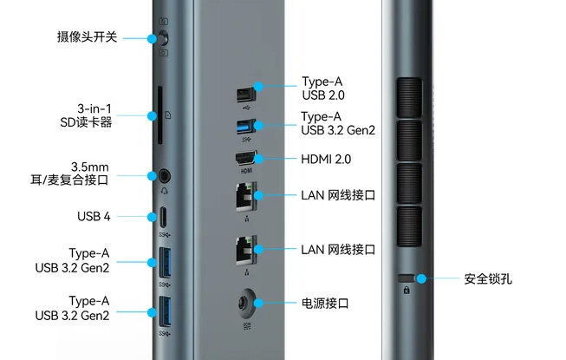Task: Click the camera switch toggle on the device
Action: point(162,38)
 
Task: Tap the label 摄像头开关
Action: point(88,37)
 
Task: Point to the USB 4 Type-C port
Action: point(163,215)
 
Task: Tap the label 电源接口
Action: point(325,304)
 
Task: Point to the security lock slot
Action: point(407,279)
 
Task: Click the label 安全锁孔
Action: point(491,279)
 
